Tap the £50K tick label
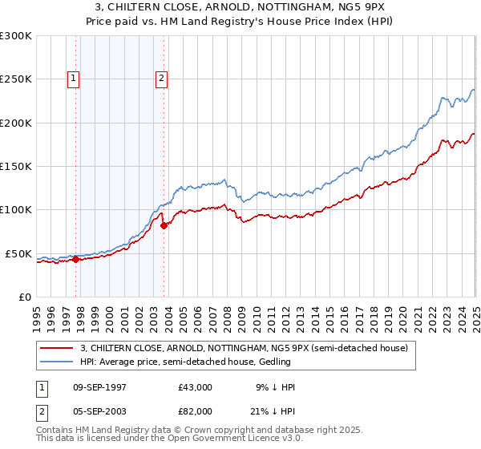18,253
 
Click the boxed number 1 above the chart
73,79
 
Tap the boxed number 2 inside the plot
161,79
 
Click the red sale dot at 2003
164,225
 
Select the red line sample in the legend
57,348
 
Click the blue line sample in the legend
57,362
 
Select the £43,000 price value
196,387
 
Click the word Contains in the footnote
55,430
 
